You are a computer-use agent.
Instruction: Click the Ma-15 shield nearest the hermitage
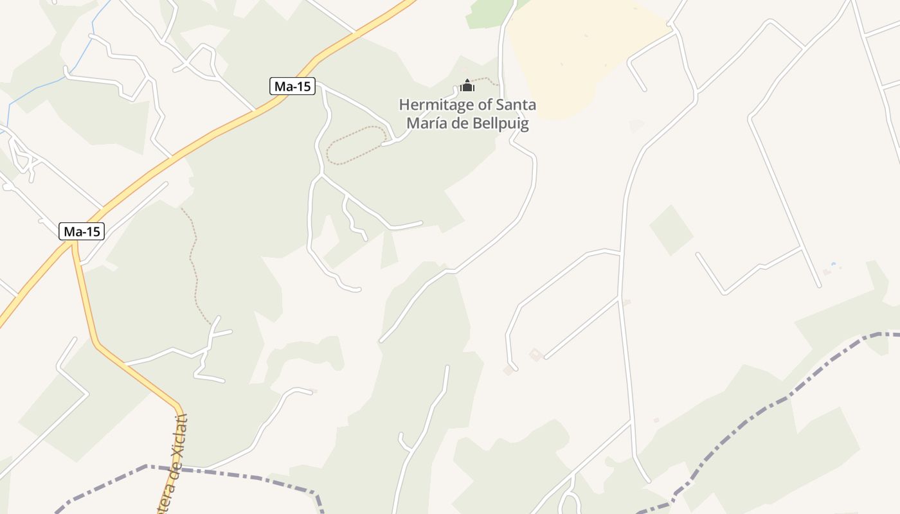[x=292, y=86]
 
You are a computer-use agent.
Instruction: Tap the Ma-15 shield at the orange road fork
[x=82, y=231]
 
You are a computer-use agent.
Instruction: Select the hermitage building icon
[x=467, y=85]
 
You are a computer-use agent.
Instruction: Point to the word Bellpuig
[x=498, y=123]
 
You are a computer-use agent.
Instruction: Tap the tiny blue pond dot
[x=834, y=264]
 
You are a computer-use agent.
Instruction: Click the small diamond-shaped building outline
[x=535, y=354]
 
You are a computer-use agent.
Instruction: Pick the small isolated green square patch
[x=671, y=229]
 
